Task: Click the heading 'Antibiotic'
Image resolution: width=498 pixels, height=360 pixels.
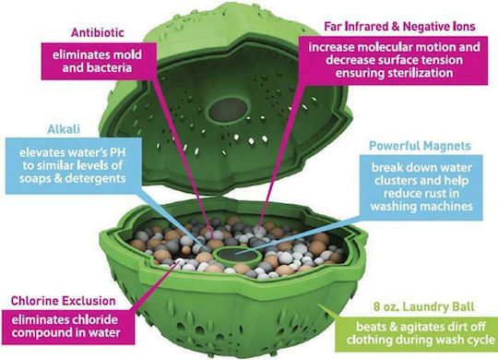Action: pos(98,32)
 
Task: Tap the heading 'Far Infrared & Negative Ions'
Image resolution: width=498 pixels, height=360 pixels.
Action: pos(399,26)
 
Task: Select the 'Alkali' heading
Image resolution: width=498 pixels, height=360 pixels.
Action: pos(64,129)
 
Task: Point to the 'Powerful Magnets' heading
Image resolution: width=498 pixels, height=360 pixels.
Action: pos(420,146)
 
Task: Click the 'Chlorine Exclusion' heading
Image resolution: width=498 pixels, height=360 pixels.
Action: pos(64,301)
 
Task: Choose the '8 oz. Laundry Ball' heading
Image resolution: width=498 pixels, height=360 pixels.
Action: pos(423,306)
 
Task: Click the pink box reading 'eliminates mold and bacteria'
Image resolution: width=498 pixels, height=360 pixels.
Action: pos(99,61)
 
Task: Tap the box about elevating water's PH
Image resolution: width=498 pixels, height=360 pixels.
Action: pos(74,165)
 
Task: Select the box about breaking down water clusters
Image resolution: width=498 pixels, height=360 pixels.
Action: pos(421,187)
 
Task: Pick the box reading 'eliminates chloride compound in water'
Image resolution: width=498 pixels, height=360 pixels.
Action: pos(67,327)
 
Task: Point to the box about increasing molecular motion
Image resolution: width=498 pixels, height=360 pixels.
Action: pos(394,60)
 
